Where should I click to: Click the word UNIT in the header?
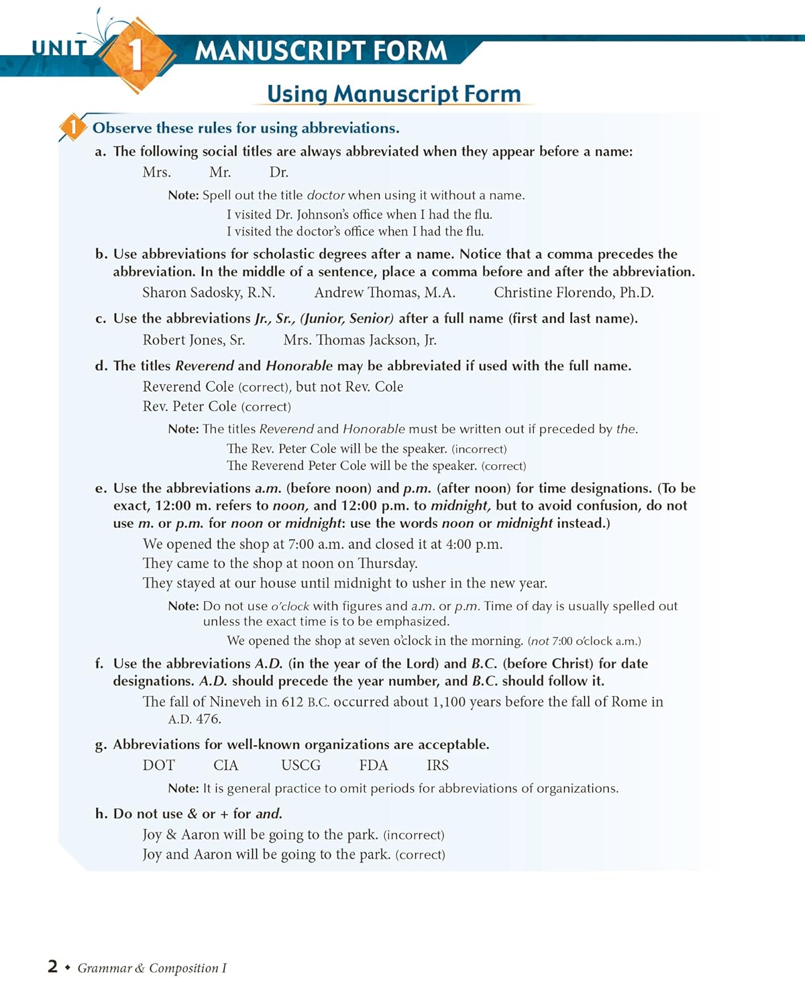[x=59, y=48]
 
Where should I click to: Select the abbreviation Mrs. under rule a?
[x=156, y=172]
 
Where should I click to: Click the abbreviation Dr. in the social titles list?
[x=279, y=172]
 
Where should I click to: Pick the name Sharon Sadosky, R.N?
[x=209, y=292]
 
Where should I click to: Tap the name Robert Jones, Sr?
[x=193, y=340]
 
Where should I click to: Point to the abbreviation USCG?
[x=301, y=765]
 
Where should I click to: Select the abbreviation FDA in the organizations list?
[x=373, y=765]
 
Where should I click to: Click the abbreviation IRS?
[x=437, y=765]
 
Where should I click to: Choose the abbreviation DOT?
[x=158, y=765]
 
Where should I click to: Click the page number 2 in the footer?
[x=52, y=966]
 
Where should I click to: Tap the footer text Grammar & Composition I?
[x=152, y=968]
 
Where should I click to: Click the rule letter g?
[x=100, y=745]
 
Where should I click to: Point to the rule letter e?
[x=100, y=488]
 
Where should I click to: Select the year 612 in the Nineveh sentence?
[x=292, y=702]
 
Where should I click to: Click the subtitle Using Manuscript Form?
[x=394, y=94]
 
